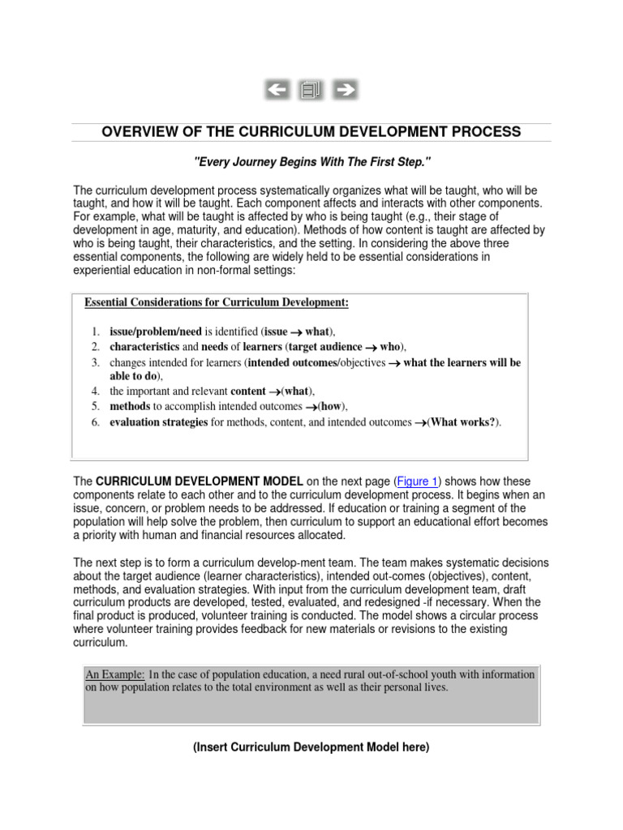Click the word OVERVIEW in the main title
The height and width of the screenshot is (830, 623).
click(x=139, y=132)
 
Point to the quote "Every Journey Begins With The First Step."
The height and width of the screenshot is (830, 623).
click(x=311, y=162)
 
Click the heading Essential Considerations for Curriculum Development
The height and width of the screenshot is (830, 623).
click(x=217, y=302)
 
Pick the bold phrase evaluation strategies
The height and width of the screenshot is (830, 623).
click(x=159, y=422)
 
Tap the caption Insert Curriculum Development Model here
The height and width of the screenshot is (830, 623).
click(x=311, y=747)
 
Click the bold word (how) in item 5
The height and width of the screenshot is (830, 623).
click(x=329, y=407)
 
